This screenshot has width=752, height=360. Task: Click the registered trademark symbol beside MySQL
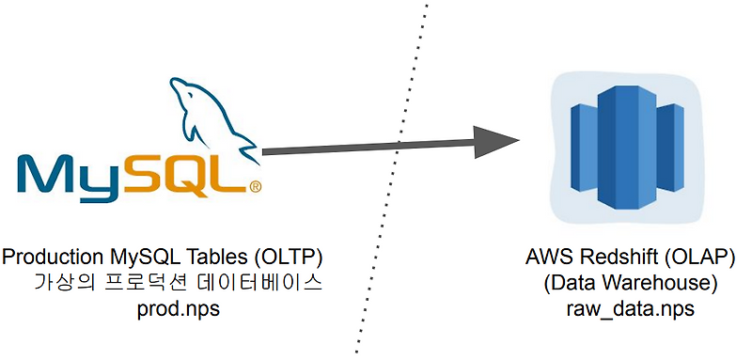coord(255,186)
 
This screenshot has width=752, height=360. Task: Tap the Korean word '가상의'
coord(59,283)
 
